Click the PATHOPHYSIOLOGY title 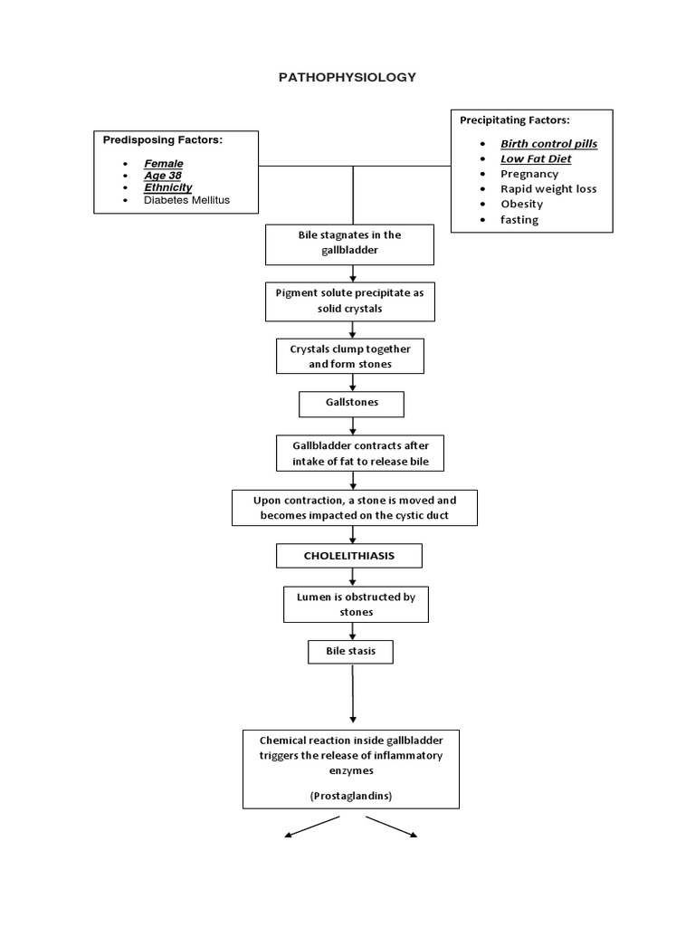347,78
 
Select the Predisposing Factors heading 162,140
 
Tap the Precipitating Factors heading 515,119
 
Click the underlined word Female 163,163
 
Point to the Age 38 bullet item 162,175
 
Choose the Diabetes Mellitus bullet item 186,199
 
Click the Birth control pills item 548,143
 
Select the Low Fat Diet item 536,158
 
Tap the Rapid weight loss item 548,188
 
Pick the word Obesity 521,204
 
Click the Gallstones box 352,403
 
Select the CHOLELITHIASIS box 348,555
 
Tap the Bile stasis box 351,651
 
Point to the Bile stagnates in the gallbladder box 349,242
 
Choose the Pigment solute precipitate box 349,301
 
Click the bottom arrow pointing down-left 312,826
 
